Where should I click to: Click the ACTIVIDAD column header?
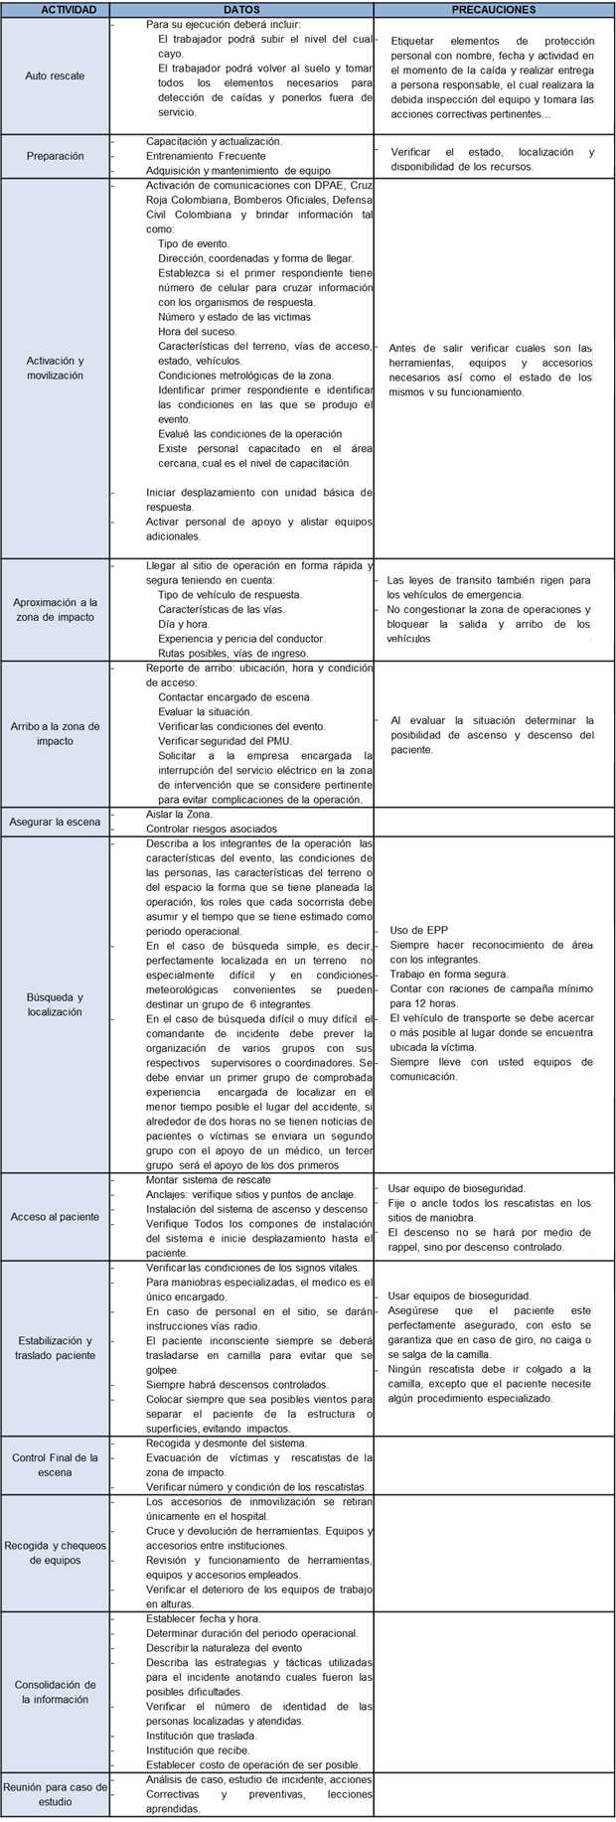56,9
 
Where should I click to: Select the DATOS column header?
241,9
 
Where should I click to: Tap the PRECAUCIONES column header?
493,9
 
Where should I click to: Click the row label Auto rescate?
56,76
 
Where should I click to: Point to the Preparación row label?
56,156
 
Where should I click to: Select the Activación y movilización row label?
56,368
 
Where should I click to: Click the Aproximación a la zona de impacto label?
56,609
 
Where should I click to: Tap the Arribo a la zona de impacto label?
56,733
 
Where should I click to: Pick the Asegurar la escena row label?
56,822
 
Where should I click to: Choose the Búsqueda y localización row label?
56,1004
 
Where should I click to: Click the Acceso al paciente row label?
56,1216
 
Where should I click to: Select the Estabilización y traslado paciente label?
56,1348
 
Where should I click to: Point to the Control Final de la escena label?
56,1464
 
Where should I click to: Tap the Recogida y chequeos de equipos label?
56,1553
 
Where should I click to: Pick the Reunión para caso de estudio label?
56,1794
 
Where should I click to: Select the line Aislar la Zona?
179,815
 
